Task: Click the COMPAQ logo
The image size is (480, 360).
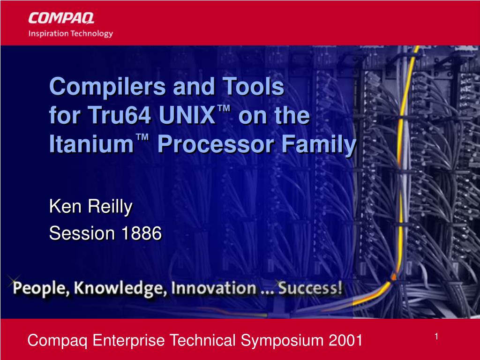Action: tap(61, 18)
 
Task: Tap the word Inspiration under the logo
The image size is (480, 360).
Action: tap(48, 33)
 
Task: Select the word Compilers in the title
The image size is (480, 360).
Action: tap(108, 87)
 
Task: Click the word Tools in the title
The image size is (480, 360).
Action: tap(253, 86)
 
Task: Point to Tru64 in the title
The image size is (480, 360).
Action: tap(120, 115)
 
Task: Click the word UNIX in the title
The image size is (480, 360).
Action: tap(187, 115)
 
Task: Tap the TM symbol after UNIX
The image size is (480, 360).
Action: tap(224, 108)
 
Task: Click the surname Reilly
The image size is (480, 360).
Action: tap(110, 207)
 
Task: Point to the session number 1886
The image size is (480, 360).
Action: tap(142, 233)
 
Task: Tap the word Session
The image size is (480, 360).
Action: tap(82, 233)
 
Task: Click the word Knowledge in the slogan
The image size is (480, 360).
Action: tap(120, 289)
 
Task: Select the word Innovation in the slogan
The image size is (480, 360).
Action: tap(214, 288)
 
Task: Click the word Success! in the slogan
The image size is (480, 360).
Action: tap(310, 288)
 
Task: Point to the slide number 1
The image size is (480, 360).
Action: tap(436, 337)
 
